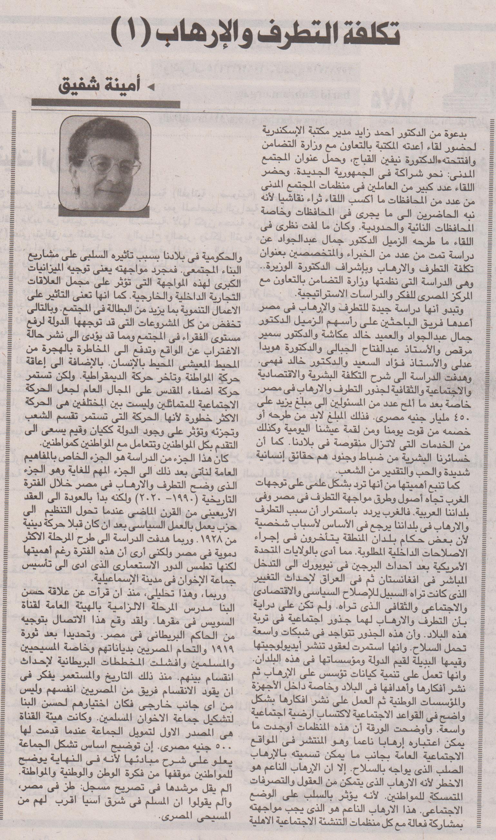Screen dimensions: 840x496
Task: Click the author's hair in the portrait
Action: pos(100,134)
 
